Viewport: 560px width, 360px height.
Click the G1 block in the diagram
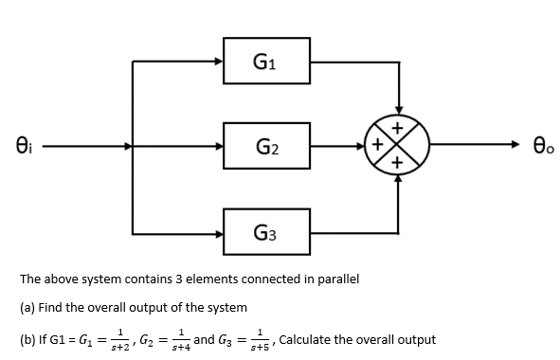tap(266, 63)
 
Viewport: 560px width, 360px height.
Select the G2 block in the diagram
tap(266, 147)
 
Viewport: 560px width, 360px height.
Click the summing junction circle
tap(398, 147)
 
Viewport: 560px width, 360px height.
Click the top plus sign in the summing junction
tap(398, 130)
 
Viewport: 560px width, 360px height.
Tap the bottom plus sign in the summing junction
tap(398, 164)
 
